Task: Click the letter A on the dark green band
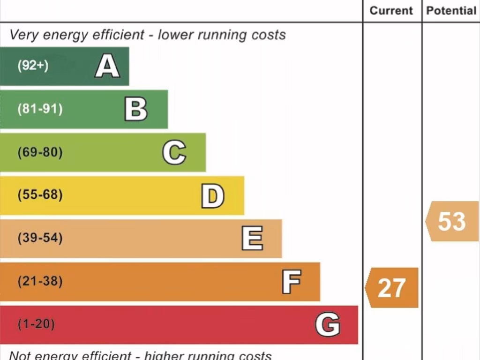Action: (x=107, y=66)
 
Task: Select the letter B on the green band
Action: (x=136, y=109)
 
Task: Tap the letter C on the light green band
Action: (x=174, y=152)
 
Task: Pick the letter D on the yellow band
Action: (x=212, y=196)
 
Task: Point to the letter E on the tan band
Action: (x=252, y=239)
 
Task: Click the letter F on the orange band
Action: (x=291, y=282)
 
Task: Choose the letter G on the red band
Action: (x=327, y=325)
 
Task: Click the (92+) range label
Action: (x=33, y=66)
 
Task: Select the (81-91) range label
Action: (x=40, y=109)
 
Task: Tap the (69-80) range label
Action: (x=40, y=152)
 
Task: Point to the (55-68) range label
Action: (x=40, y=195)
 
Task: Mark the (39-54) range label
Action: (x=40, y=238)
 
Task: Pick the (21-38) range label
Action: (x=40, y=282)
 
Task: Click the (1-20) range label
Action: (x=36, y=324)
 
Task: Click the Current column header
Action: (x=391, y=11)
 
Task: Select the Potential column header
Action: (x=451, y=11)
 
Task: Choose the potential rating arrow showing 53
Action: (x=452, y=221)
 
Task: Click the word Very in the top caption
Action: (x=23, y=35)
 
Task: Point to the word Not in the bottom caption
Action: (x=19, y=355)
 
